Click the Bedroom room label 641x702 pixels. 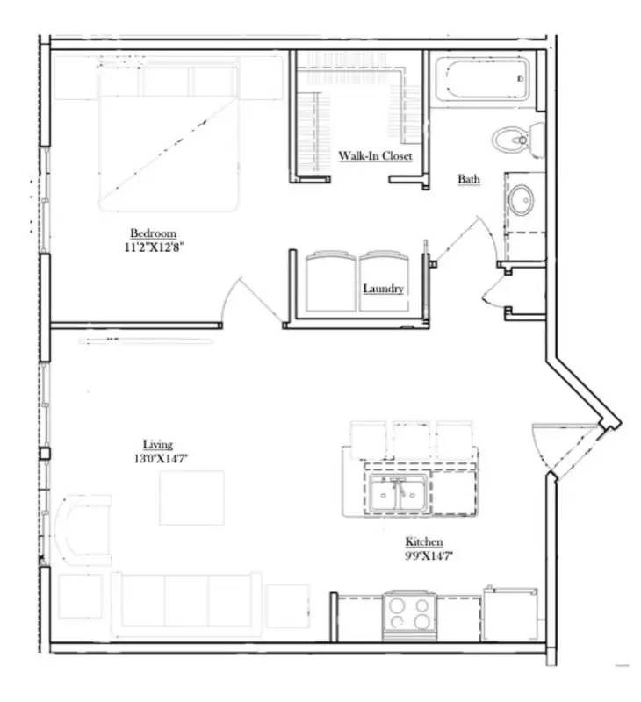coord(154,233)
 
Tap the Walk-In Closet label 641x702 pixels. coord(376,157)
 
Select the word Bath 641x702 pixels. coord(469,179)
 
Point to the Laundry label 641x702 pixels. coord(384,289)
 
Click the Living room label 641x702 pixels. coord(158,444)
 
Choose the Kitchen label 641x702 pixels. coord(423,541)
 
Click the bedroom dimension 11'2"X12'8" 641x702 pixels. coord(155,247)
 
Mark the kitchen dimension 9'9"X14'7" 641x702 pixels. coord(424,555)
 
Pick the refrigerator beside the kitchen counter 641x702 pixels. coord(510,614)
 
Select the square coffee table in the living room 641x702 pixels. coord(191,498)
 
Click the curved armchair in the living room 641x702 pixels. coord(85,527)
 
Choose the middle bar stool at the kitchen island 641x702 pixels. coord(411,439)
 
